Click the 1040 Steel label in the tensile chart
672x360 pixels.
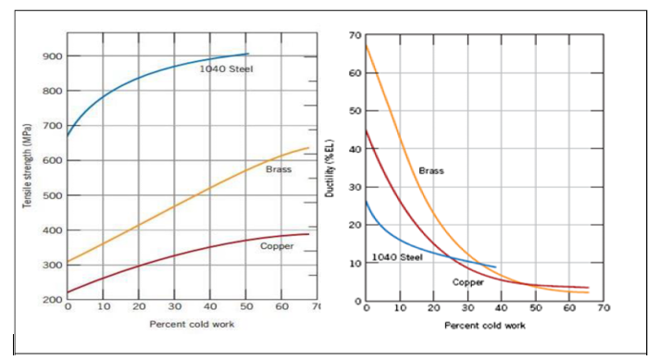click(226, 69)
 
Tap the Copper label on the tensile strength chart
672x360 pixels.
click(277, 246)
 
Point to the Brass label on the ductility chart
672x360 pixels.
click(431, 171)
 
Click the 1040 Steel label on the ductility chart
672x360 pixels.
click(397, 257)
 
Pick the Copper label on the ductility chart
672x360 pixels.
click(467, 281)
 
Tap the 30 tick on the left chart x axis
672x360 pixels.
click(174, 306)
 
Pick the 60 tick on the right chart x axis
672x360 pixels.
click(568, 306)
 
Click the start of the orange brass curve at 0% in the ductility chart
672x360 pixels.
click(367, 45)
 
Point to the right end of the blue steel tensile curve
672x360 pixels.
click(247, 54)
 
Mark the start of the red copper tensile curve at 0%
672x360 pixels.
click(68, 293)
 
